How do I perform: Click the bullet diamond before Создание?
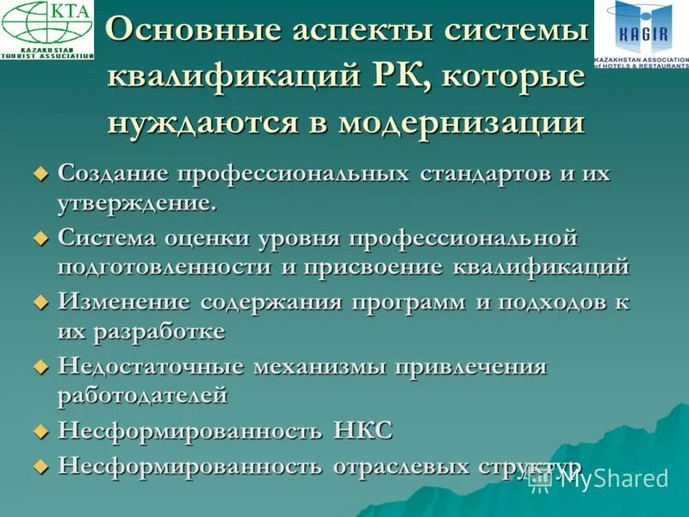coord(39,174)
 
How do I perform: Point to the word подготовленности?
coord(164,267)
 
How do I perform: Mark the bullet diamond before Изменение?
coord(39,302)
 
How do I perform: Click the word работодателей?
coord(143,396)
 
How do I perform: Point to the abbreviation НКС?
coord(362,431)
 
